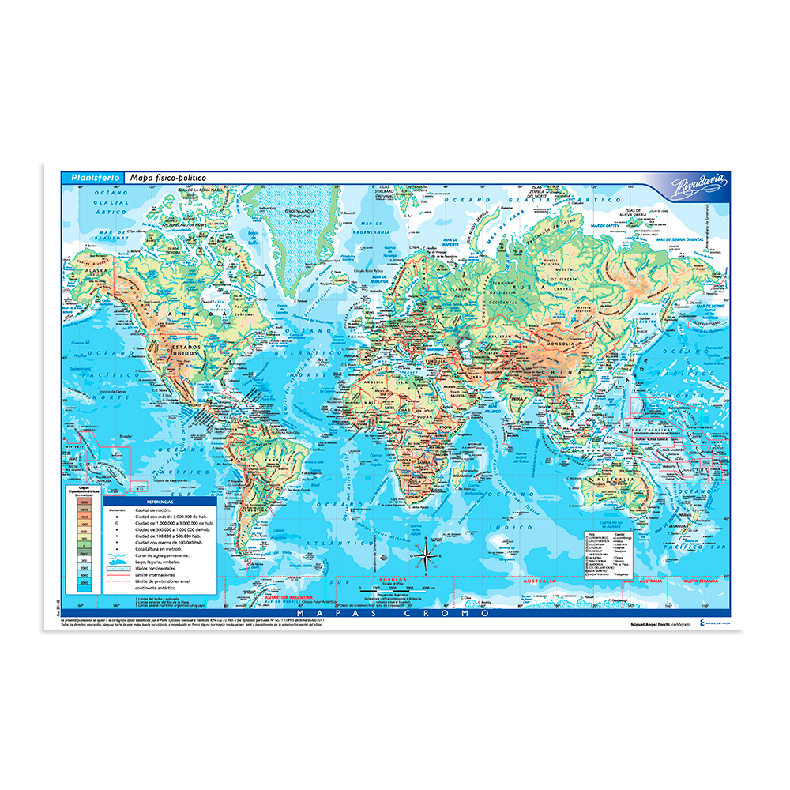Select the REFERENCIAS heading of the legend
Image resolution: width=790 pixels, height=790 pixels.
point(155,502)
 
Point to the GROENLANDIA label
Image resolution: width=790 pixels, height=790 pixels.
point(299,211)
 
